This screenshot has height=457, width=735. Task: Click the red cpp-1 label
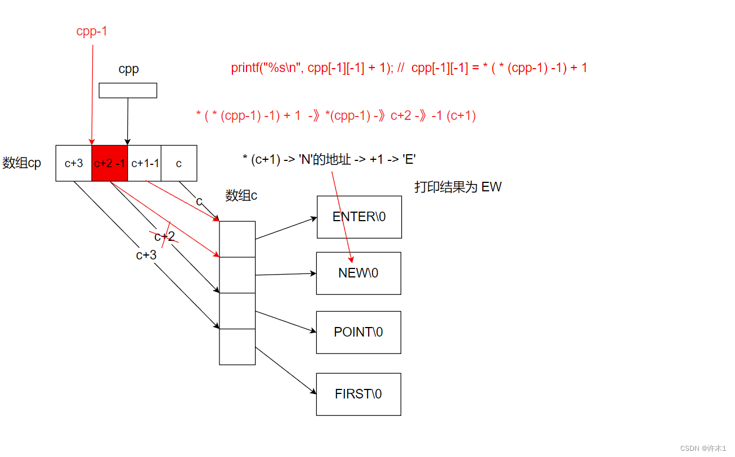pyautogui.click(x=92, y=32)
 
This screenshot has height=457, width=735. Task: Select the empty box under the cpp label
pyautogui.click(x=128, y=91)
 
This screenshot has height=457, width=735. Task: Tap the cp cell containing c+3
pyautogui.click(x=74, y=163)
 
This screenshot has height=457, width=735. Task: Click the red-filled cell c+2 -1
pyautogui.click(x=109, y=163)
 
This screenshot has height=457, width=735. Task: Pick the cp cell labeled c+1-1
pyautogui.click(x=145, y=163)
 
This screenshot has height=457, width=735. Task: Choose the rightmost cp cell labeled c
pyautogui.click(x=179, y=163)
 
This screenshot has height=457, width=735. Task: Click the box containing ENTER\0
pyautogui.click(x=359, y=217)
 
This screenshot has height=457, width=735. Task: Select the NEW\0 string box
pyautogui.click(x=358, y=273)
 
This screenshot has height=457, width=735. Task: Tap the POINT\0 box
pyautogui.click(x=358, y=332)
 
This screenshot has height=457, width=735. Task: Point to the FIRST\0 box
pyautogui.click(x=358, y=394)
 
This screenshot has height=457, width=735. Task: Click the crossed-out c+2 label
pyautogui.click(x=164, y=236)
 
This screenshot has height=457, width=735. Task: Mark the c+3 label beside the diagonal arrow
pyautogui.click(x=146, y=255)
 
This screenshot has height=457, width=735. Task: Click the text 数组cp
pyautogui.click(x=22, y=164)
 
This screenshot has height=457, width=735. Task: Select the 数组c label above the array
pyautogui.click(x=241, y=195)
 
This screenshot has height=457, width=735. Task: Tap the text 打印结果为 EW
pyautogui.click(x=458, y=187)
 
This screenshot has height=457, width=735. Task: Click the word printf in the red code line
pyautogui.click(x=243, y=68)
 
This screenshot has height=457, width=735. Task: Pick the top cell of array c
pyautogui.click(x=237, y=239)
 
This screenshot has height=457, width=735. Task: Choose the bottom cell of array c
pyautogui.click(x=237, y=347)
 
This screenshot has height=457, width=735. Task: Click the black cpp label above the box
pyautogui.click(x=128, y=69)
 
